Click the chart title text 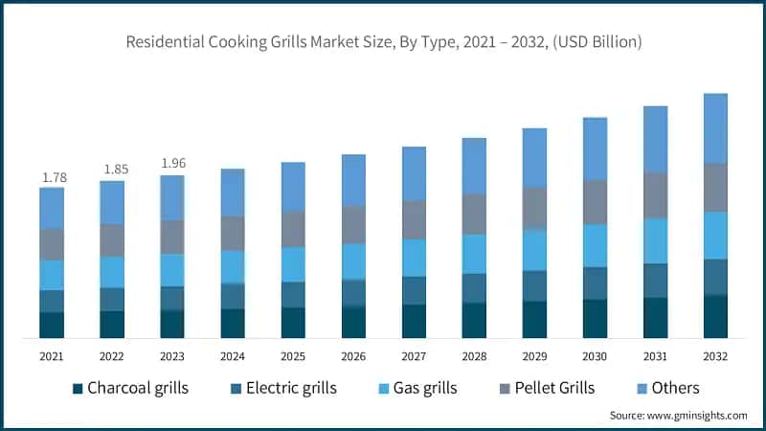click(x=383, y=43)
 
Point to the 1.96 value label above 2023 click(x=172, y=164)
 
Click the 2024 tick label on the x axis click(x=233, y=356)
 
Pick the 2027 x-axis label click(x=414, y=356)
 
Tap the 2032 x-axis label click(x=715, y=356)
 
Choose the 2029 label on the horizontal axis click(x=534, y=356)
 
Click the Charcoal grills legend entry click(x=130, y=388)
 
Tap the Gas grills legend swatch click(x=386, y=388)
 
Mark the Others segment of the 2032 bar click(x=715, y=128)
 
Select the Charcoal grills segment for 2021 click(x=52, y=325)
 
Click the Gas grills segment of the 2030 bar click(x=595, y=245)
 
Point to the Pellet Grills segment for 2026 click(x=353, y=224)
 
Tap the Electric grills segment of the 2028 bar click(x=474, y=288)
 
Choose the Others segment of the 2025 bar click(x=293, y=187)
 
